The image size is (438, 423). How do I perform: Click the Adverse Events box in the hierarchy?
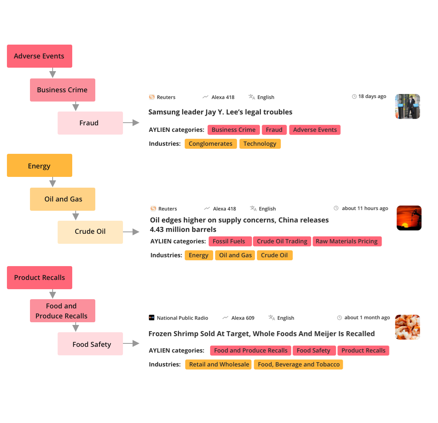tap(40, 56)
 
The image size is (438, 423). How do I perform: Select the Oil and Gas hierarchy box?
tap(63, 199)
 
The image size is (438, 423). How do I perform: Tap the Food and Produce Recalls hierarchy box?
tap(63, 311)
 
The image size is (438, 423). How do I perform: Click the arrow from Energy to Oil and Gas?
tap(53, 182)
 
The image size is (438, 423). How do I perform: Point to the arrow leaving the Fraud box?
tap(131, 122)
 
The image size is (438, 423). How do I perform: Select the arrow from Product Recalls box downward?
tap(53, 294)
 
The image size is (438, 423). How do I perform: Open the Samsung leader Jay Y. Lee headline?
tap(220, 112)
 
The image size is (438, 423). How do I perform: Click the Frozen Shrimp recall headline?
tap(262, 333)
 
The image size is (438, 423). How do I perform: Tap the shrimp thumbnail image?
tap(408, 327)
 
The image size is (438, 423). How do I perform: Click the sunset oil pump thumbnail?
tap(409, 218)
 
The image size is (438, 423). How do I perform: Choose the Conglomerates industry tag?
tap(211, 144)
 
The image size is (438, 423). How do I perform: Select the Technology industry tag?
tap(260, 144)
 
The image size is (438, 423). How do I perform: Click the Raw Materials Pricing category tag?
tap(347, 241)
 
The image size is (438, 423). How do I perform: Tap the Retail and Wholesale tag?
tap(219, 364)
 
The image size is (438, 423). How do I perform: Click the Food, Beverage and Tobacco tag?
tap(298, 364)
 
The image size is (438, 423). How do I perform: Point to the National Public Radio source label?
tap(182, 318)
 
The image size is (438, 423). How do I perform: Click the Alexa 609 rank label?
tap(243, 318)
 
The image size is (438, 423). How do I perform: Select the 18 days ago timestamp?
tap(372, 97)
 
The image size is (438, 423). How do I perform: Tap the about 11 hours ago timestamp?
tap(365, 208)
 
